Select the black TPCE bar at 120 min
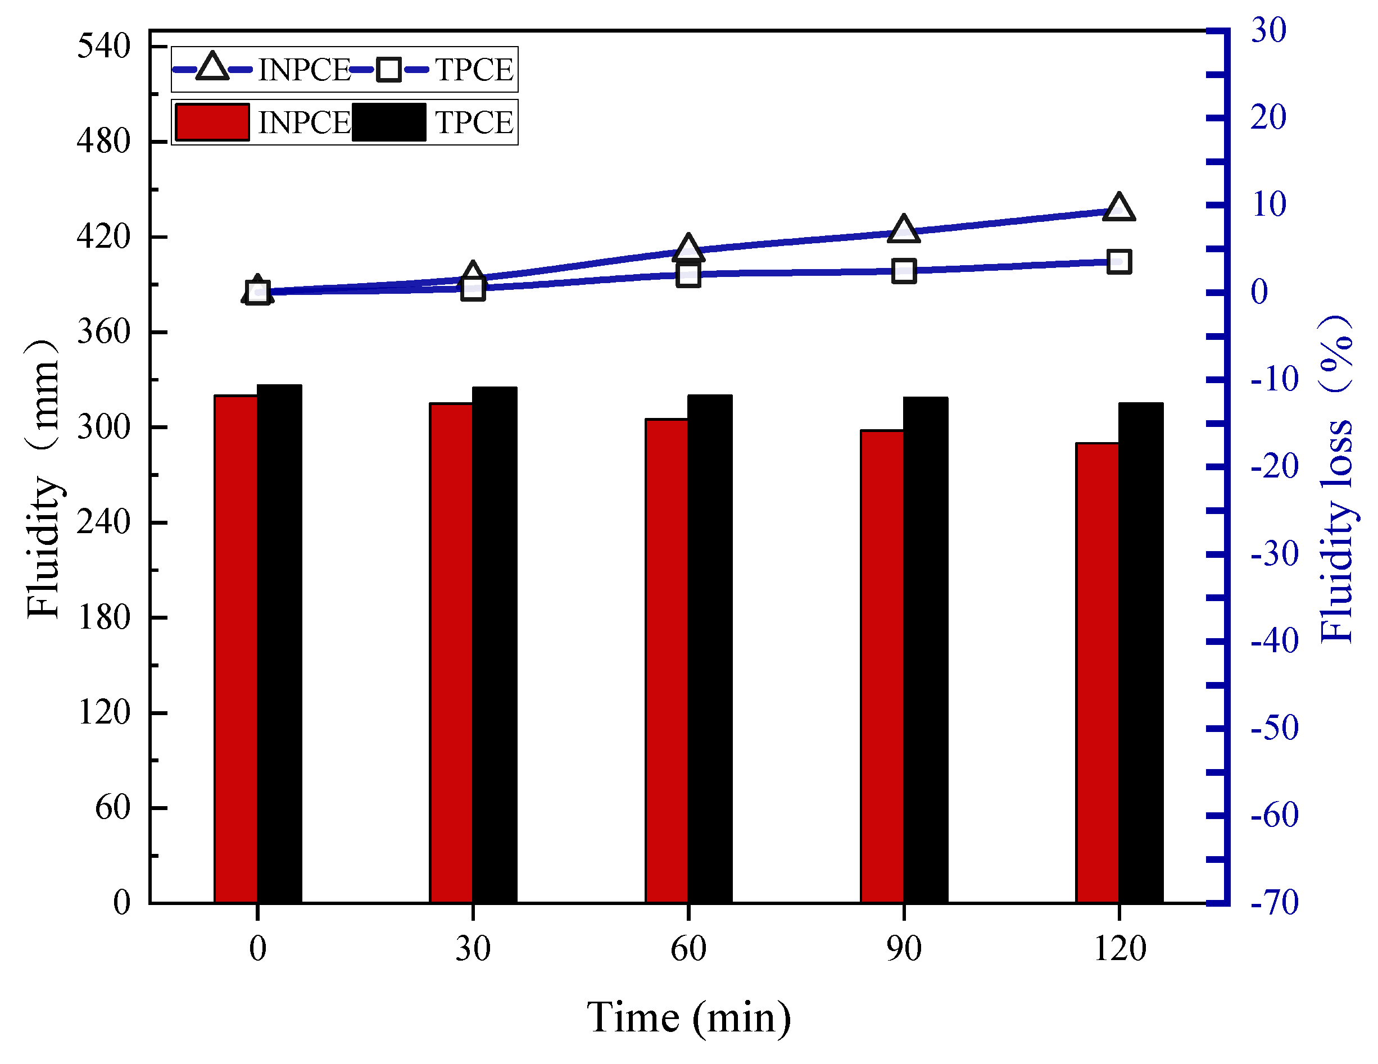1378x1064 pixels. click(1141, 652)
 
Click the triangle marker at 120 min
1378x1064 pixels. click(1119, 207)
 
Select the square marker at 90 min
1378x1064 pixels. click(904, 271)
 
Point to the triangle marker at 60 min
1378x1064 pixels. click(688, 248)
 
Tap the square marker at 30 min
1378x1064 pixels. click(473, 288)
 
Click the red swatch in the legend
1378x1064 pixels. click(212, 122)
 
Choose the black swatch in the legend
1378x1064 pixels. click(389, 122)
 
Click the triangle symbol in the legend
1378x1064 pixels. click(212, 67)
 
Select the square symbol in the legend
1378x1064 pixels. click(389, 69)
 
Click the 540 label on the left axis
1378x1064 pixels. click(103, 46)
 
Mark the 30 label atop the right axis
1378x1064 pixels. click(1268, 30)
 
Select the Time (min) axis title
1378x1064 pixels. click(688, 1017)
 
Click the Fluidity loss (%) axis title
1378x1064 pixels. click(1336, 479)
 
